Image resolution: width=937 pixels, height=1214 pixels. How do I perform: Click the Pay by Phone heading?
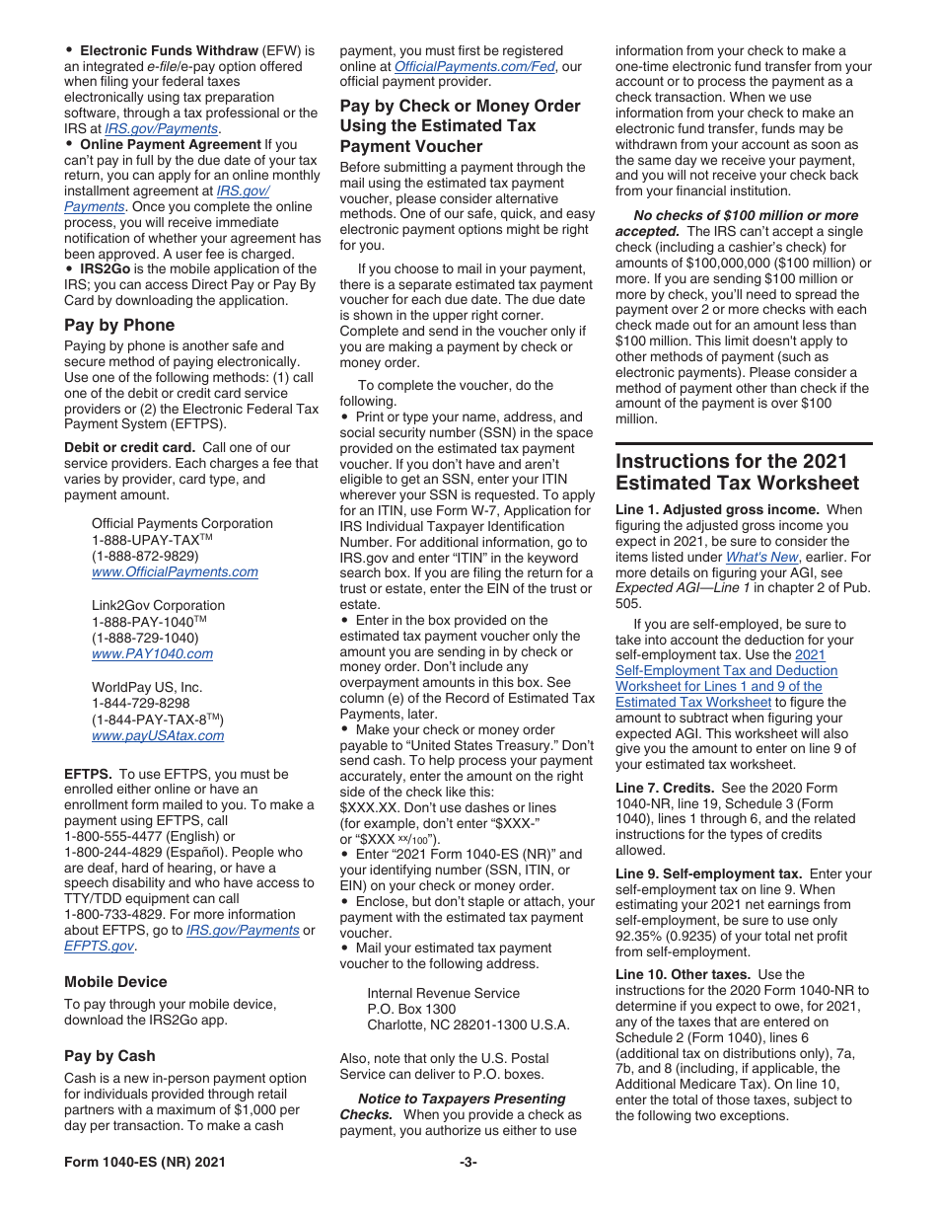(x=119, y=325)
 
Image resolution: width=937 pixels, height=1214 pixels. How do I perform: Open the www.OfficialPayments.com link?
(x=175, y=571)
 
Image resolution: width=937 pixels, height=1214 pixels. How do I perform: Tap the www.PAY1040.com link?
(x=152, y=653)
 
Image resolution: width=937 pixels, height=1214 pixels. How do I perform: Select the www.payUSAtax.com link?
(x=158, y=735)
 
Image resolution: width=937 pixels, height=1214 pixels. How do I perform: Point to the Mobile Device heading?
(x=115, y=981)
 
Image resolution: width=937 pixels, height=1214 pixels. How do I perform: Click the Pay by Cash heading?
(x=109, y=1055)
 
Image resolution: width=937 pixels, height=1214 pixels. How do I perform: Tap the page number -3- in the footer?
(x=468, y=1162)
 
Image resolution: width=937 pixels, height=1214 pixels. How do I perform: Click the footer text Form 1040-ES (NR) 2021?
(x=145, y=1162)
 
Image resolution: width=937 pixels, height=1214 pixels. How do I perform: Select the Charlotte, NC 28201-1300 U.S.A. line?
(x=468, y=1024)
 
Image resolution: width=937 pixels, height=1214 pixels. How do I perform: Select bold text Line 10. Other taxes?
(x=683, y=974)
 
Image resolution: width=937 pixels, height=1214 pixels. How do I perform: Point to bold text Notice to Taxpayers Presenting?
(x=461, y=1099)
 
